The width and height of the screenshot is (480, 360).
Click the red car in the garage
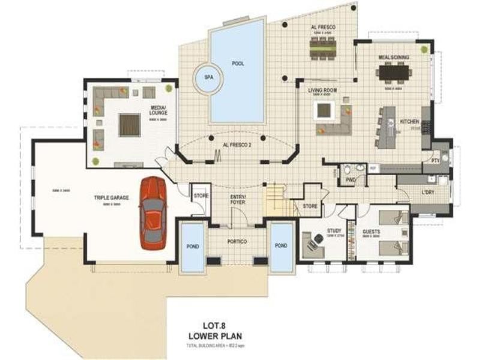pos(152,212)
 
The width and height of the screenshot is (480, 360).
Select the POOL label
pos(238,64)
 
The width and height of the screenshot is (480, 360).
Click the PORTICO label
pos(238,241)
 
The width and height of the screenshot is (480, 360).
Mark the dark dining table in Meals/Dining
pos(394,73)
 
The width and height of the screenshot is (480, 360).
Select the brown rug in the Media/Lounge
pos(130,125)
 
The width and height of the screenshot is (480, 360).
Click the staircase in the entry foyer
pos(277,200)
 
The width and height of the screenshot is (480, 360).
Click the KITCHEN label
pos(410,122)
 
